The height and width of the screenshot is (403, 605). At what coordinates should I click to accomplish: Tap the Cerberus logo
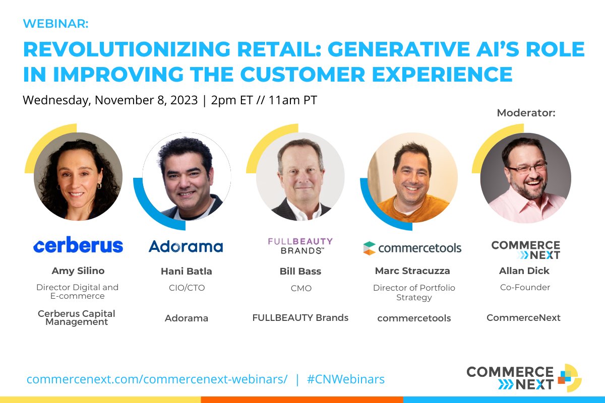78,245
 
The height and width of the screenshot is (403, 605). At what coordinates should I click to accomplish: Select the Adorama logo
186,246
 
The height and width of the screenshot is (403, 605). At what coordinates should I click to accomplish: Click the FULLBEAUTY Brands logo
300,245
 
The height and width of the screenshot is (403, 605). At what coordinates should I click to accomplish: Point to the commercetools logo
412,248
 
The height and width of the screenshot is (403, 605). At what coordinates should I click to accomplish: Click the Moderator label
526,113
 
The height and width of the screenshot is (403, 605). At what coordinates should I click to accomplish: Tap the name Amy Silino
78,271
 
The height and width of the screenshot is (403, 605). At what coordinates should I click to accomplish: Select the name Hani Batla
186,271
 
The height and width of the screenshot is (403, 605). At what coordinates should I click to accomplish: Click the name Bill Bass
300,271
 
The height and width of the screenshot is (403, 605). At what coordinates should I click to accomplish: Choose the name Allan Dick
524,271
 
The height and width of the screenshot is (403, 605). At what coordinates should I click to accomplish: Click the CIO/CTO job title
186,288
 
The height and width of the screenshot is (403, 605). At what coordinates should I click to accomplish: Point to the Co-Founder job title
524,287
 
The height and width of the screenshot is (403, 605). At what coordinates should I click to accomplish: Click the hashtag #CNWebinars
346,379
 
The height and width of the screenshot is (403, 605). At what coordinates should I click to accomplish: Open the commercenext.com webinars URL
157,379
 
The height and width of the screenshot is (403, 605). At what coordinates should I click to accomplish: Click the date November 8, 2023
146,100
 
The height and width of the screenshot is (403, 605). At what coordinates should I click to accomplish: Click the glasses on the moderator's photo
527,168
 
